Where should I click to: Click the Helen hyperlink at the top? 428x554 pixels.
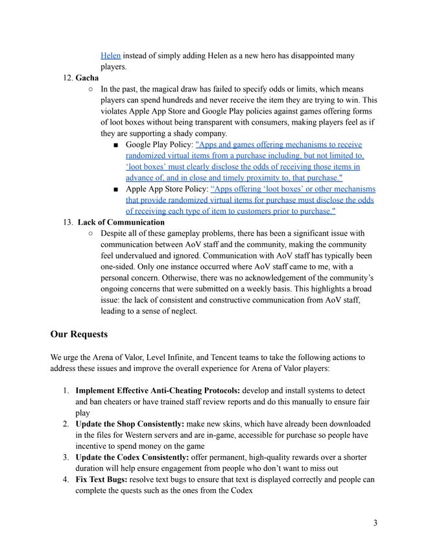pyautogui.click(x=110, y=56)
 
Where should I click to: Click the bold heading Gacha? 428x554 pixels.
pyautogui.click(x=88, y=78)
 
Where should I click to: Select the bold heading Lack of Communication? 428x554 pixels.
pyautogui.click(x=121, y=222)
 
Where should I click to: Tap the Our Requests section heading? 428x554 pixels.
pyautogui.click(x=79, y=334)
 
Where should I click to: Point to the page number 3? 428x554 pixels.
pyautogui.click(x=375, y=523)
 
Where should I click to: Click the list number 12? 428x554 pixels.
pyautogui.click(x=67, y=78)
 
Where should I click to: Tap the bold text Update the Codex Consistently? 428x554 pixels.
pyautogui.click(x=132, y=457)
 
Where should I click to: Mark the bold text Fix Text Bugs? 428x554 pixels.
pyautogui.click(x=101, y=479)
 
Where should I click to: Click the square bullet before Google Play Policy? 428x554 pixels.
pyautogui.click(x=115, y=145)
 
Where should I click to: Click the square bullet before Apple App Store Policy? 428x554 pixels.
pyautogui.click(x=115, y=189)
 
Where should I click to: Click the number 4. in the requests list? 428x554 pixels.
pyautogui.click(x=66, y=479)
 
